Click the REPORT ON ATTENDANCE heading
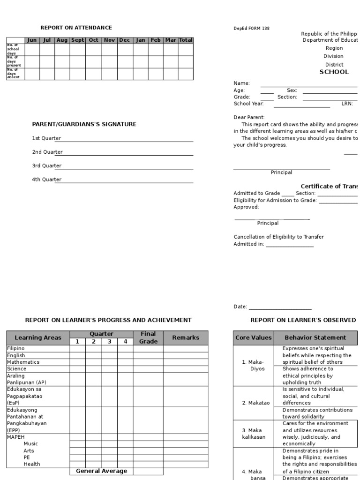click(76, 28)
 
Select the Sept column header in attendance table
click(77, 40)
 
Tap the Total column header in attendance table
click(186, 40)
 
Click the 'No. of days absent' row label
click(14, 74)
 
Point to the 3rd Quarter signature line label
click(46, 165)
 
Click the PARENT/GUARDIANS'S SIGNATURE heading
click(84, 124)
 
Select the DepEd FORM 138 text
click(251, 29)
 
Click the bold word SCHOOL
click(334, 72)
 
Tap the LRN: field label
click(347, 104)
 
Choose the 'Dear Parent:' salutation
click(249, 117)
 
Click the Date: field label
click(240, 307)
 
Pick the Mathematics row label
click(23, 362)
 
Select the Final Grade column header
click(148, 337)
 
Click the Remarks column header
click(185, 337)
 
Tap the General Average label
click(101, 471)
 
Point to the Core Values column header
click(253, 337)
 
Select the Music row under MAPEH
click(31, 443)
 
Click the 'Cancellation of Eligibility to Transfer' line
click(278, 237)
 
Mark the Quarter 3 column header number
click(109, 342)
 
